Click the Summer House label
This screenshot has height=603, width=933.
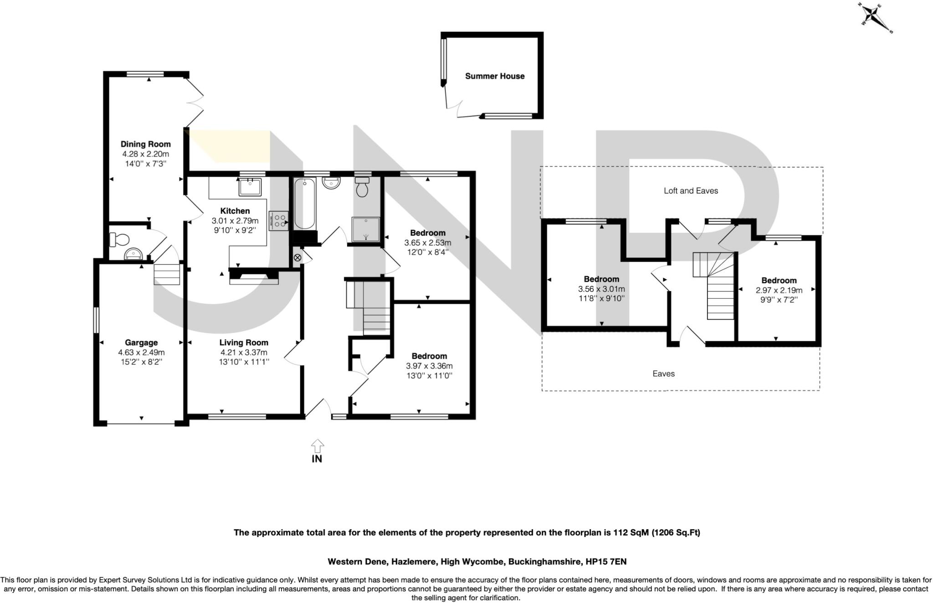pos(494,76)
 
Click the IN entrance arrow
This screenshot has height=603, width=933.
pos(317,446)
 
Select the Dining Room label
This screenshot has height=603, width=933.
pos(145,144)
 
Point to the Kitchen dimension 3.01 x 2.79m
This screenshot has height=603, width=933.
pos(235,221)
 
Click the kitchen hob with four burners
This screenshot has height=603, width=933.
pos(278,221)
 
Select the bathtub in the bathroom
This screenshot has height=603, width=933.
pos(304,204)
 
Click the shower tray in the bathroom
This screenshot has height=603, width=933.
pos(365,229)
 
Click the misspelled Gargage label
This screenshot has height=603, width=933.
pos(141,342)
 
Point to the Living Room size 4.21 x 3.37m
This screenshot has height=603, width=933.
pos(244,353)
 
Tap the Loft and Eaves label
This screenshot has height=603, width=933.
pos(691,191)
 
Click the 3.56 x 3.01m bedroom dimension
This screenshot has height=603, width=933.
pos(601,289)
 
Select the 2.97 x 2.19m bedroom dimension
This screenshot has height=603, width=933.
pos(779,290)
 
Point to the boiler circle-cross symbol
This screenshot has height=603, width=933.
pos(297,258)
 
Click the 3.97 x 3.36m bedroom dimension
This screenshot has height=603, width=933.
pos(429,366)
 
